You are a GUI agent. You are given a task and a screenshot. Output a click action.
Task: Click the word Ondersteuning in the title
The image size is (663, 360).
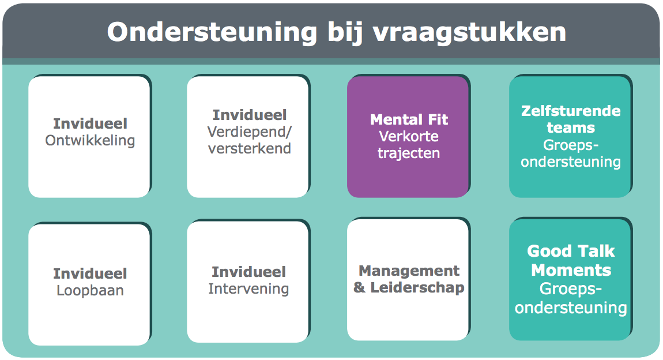pyautogui.click(x=212, y=32)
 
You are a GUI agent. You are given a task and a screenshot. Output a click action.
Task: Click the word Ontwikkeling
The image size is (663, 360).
pyautogui.click(x=90, y=140)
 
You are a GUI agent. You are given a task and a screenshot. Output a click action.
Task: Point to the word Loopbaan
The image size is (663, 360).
pyautogui.click(x=90, y=290)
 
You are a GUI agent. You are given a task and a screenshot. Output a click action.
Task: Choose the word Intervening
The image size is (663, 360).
pyautogui.click(x=248, y=288)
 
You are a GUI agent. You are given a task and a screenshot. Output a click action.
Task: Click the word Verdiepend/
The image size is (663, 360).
pyautogui.click(x=250, y=132)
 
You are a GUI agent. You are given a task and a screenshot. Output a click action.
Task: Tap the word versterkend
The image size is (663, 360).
pyautogui.click(x=250, y=148)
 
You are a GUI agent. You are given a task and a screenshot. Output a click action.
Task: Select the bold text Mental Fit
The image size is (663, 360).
pyautogui.click(x=409, y=119)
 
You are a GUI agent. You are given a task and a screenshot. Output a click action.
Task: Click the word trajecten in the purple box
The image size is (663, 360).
pyautogui.click(x=409, y=153)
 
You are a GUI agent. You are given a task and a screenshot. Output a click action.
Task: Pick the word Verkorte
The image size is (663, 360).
pyautogui.click(x=409, y=136)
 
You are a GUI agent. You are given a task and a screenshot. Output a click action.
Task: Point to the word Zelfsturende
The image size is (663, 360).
pyautogui.click(x=571, y=111)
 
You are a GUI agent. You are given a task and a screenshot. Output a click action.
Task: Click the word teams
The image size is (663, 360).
pyautogui.click(x=571, y=127)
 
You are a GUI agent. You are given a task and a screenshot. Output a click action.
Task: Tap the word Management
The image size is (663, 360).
pyautogui.click(x=409, y=271)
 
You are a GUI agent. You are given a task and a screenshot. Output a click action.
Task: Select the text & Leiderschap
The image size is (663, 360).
pyautogui.click(x=409, y=288)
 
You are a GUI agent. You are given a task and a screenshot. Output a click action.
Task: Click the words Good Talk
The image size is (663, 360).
pyautogui.click(x=571, y=252)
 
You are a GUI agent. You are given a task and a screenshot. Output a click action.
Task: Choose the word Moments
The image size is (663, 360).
pyautogui.click(x=571, y=270)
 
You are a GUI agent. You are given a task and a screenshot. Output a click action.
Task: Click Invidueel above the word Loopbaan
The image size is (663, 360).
pyautogui.click(x=90, y=273)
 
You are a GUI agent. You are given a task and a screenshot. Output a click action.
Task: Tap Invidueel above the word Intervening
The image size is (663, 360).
pyautogui.click(x=248, y=272)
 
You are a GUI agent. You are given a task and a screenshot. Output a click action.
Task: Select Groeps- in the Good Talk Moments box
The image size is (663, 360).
pyautogui.click(x=571, y=289)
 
